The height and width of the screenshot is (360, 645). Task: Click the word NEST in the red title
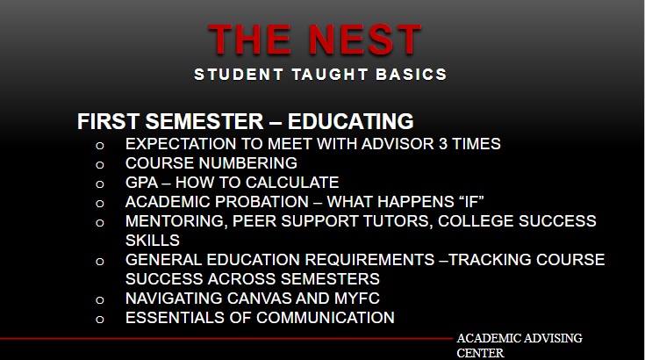coord(364,40)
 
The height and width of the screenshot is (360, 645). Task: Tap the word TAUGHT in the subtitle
coord(329,75)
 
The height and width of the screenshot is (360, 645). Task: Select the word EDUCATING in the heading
coord(350,121)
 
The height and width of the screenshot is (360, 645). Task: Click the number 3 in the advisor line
coord(442,144)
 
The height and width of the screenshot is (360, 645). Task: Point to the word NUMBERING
coord(248,163)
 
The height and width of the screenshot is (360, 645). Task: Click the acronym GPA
coord(142,183)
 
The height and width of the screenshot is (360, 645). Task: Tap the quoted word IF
coord(471,202)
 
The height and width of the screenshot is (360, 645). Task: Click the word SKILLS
coord(153,241)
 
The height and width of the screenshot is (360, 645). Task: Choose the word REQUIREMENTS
coord(369,260)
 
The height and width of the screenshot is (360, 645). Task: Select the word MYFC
coord(356,299)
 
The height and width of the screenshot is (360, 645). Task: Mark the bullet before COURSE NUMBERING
coord(99,165)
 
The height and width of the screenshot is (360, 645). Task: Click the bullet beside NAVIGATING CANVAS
coord(99,300)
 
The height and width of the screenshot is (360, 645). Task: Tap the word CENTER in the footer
coord(480,354)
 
